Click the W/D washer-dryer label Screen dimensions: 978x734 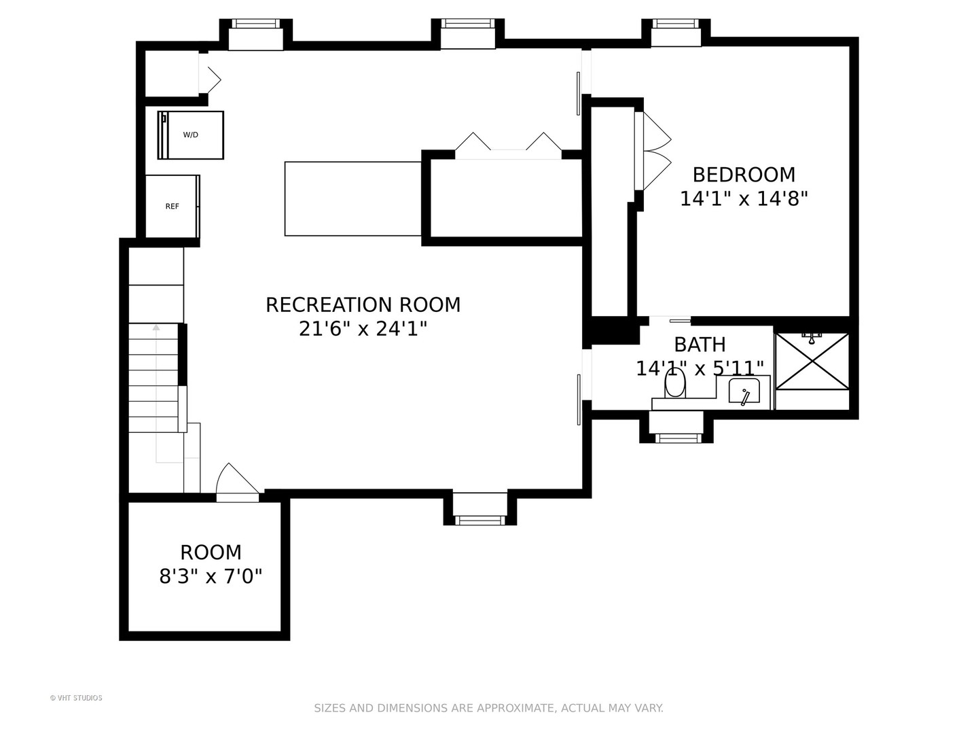point(190,135)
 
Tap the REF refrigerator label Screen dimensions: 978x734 point(172,207)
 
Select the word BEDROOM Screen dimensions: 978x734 point(744,175)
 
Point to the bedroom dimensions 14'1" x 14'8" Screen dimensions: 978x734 point(744,198)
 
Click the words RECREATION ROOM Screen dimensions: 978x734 point(363,305)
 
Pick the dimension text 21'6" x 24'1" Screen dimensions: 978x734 point(363,330)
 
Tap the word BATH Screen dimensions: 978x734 point(700,345)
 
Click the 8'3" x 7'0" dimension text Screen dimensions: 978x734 point(211,577)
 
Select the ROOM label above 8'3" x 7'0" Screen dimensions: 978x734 point(211,553)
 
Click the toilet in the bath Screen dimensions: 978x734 point(674,383)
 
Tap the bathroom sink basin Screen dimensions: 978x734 point(744,391)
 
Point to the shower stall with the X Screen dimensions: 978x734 point(812,362)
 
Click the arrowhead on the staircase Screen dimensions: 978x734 point(156,328)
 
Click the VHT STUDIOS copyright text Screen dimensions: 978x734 point(76,698)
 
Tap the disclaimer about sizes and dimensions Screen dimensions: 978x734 point(489,708)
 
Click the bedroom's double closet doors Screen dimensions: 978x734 point(653,151)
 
